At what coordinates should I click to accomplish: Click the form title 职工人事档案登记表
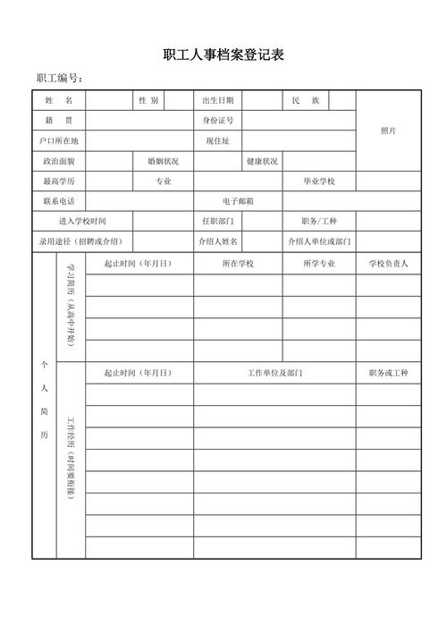(x=223, y=55)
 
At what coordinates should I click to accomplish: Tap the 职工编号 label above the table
(x=60, y=79)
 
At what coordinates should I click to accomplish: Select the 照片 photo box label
(x=388, y=131)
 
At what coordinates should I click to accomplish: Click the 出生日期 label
(x=217, y=100)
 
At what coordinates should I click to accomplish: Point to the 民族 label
(x=306, y=100)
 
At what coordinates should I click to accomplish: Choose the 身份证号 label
(x=217, y=121)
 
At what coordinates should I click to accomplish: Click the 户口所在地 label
(x=58, y=141)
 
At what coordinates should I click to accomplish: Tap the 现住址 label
(x=217, y=141)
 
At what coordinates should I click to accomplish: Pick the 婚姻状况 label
(x=163, y=162)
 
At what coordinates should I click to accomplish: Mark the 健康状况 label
(x=262, y=162)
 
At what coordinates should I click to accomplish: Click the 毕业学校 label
(x=318, y=182)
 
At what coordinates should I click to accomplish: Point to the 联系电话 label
(x=58, y=202)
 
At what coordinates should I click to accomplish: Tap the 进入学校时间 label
(x=82, y=222)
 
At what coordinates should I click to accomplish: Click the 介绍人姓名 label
(x=217, y=241)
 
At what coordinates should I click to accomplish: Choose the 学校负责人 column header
(x=388, y=264)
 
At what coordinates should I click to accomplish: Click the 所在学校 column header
(x=238, y=264)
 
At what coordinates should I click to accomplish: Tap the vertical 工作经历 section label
(x=71, y=460)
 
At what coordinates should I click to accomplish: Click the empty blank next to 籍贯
(x=139, y=121)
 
